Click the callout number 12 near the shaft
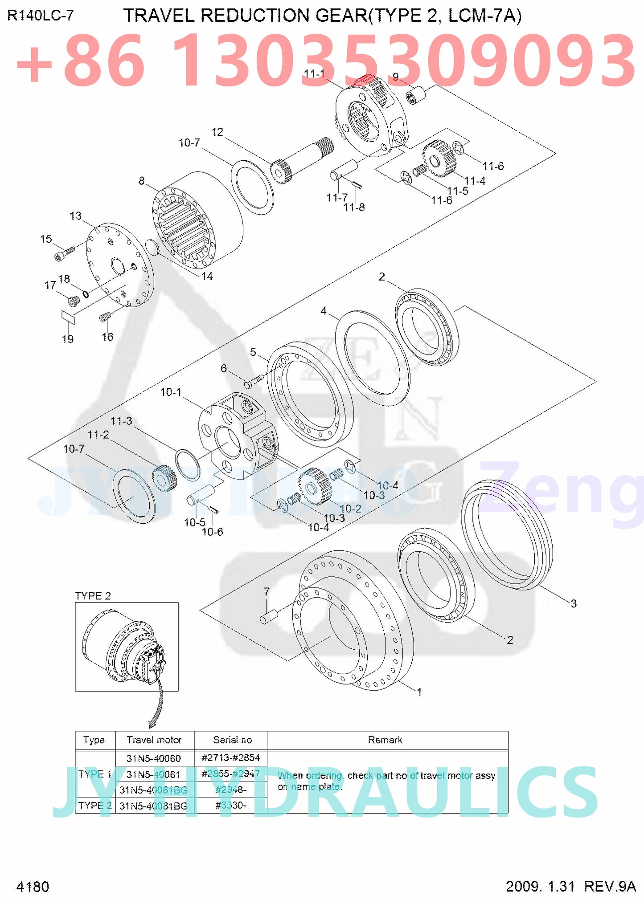(217, 132)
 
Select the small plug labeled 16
(105, 317)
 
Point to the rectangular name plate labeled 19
(68, 317)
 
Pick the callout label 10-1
(171, 392)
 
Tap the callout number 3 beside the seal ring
(574, 604)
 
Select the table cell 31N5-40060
(154, 758)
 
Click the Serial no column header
(232, 740)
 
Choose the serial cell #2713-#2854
(230, 758)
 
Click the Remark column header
(385, 740)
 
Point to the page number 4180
(33, 887)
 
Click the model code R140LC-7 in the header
(41, 16)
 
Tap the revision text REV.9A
(610, 886)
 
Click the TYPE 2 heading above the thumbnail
(93, 596)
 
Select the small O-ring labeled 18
(86, 294)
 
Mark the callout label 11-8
(354, 208)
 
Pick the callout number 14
(207, 277)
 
